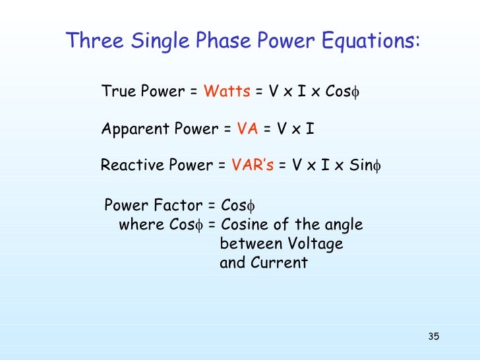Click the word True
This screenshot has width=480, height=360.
pos(117,92)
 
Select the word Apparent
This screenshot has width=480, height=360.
pos(134,129)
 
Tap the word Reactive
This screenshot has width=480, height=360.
pos(130,165)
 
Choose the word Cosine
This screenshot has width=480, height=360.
pos(247,224)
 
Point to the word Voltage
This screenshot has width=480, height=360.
pos(315,244)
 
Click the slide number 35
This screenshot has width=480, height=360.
pos(433,338)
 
